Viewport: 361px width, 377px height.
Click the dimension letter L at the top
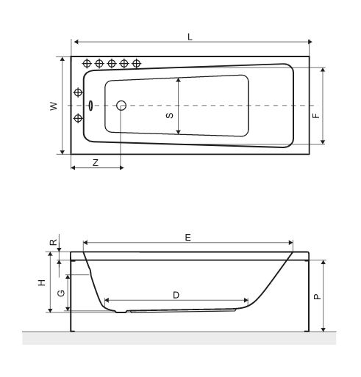click(x=190, y=36)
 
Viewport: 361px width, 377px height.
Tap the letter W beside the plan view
click(x=53, y=106)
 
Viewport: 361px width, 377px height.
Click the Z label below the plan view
click(x=95, y=161)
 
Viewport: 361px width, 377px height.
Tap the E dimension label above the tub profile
click(x=187, y=237)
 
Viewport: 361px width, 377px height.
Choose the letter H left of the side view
click(x=42, y=282)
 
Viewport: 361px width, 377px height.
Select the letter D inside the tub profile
click(x=176, y=294)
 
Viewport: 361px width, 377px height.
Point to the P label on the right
click(x=315, y=297)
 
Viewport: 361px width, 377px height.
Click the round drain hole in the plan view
click(x=122, y=105)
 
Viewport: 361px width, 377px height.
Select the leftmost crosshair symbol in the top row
click(x=87, y=64)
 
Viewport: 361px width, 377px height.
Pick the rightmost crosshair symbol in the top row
click(x=136, y=64)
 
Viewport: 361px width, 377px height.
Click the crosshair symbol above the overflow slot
click(x=78, y=92)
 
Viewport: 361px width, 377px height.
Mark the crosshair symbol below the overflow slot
click(x=78, y=118)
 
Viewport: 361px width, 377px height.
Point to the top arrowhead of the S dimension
click(x=179, y=78)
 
